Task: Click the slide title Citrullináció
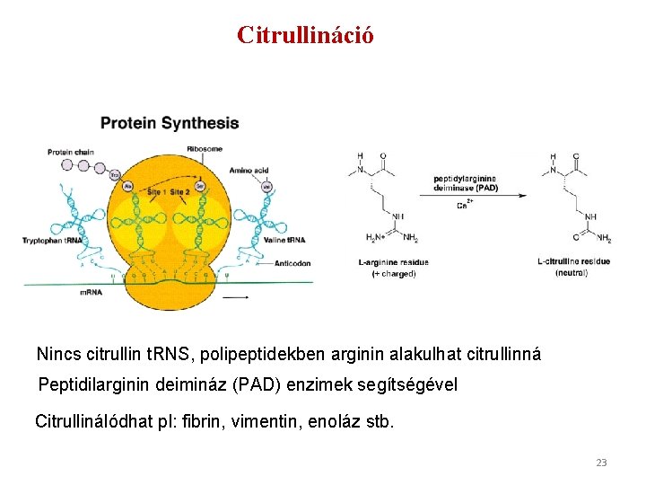click(305, 35)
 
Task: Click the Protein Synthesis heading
click(170, 123)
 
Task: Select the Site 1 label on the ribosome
click(158, 192)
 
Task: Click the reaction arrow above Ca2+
click(467, 195)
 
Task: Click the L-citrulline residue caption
click(573, 261)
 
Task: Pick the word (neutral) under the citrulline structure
click(572, 273)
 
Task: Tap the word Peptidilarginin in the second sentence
click(94, 384)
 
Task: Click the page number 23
click(601, 463)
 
